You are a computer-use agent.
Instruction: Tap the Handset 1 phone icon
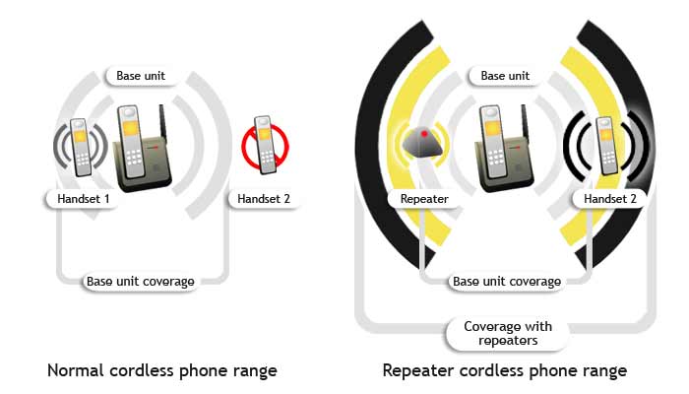tap(80, 147)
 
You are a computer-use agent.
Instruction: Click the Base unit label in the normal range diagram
tap(141, 76)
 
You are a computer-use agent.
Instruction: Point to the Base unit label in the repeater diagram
tap(505, 76)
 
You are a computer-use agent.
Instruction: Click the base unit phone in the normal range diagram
tap(137, 148)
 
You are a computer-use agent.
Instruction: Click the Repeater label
tap(425, 199)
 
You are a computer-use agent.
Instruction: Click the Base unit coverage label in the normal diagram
tap(140, 282)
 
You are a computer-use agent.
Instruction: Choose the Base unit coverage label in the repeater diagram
tap(506, 282)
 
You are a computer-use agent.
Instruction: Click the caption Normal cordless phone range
tap(162, 371)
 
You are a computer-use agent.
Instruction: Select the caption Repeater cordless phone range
tap(504, 371)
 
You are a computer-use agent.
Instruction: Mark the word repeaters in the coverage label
tap(508, 342)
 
